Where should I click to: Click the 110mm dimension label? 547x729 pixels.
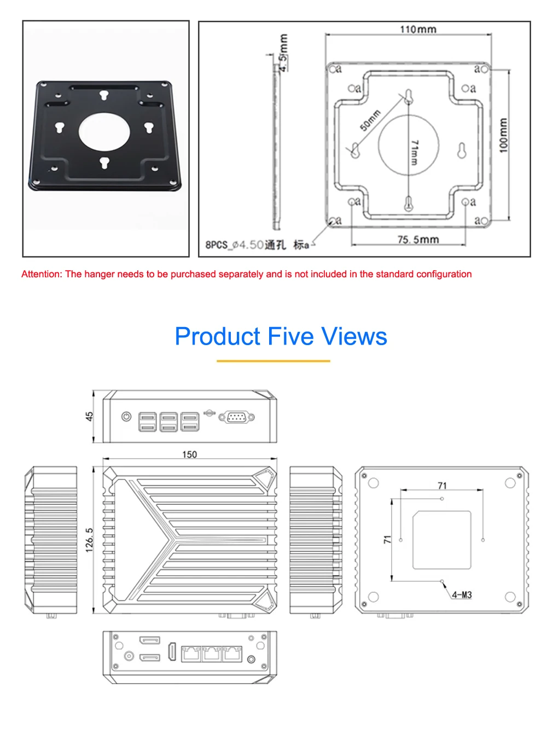417,29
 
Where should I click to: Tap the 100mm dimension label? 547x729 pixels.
503,135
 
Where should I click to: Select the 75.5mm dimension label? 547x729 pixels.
418,239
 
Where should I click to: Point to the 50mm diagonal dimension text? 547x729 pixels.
370,120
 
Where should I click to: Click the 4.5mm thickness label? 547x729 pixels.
283,53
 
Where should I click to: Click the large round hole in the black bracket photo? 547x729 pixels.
104,131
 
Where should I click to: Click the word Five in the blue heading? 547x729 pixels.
290,336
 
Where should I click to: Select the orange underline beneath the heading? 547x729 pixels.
273,361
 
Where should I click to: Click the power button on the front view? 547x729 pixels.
126,416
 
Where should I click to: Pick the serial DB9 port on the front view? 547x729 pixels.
236,417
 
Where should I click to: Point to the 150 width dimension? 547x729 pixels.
189,454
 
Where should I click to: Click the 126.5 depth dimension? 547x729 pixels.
89,540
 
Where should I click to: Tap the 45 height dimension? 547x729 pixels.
89,416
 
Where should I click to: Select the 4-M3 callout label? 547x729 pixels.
461,594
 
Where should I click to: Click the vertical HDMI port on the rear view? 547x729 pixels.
172,652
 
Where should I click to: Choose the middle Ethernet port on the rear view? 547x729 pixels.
211,654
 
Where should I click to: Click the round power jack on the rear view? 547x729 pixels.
129,656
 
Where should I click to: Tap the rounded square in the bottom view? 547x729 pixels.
441,540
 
